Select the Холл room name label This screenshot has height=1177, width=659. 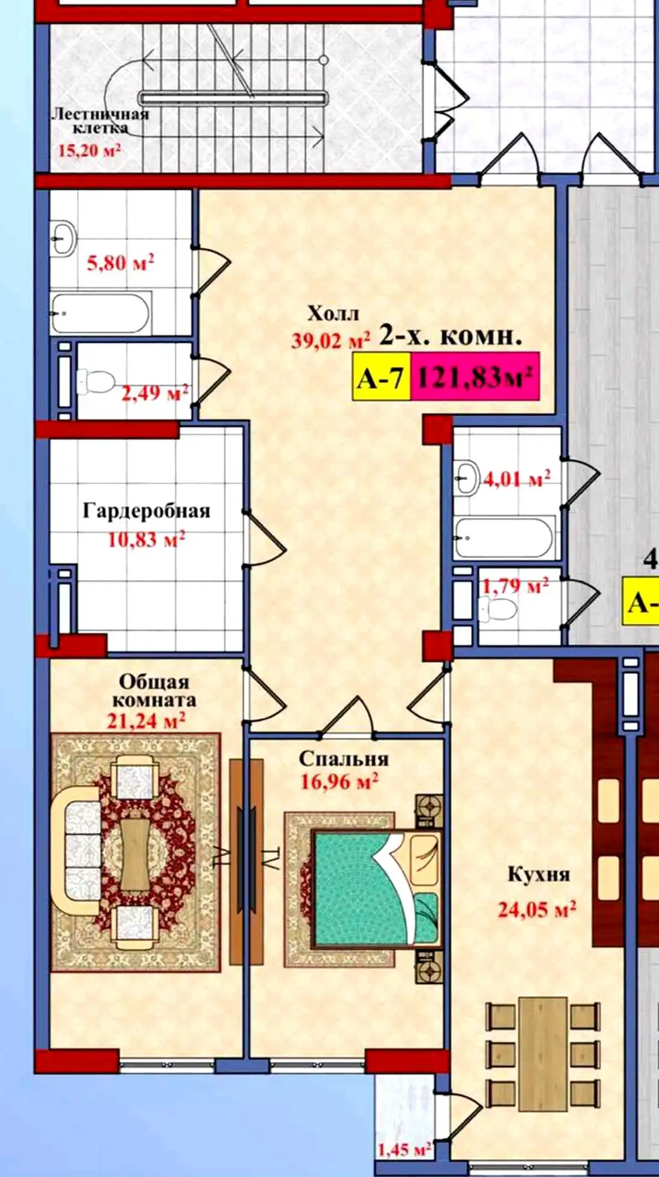333,314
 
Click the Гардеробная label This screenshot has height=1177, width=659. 147,512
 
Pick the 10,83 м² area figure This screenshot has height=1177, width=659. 147,539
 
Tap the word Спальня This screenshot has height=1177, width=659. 344,759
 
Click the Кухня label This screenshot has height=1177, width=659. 538,874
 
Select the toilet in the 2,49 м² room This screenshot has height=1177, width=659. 96,382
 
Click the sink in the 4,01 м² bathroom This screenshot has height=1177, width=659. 466,477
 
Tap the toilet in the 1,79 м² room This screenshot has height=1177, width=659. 500,610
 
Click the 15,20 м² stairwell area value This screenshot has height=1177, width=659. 90,150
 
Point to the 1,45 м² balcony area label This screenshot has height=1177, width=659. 404,1149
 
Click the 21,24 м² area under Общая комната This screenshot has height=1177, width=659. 146,720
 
